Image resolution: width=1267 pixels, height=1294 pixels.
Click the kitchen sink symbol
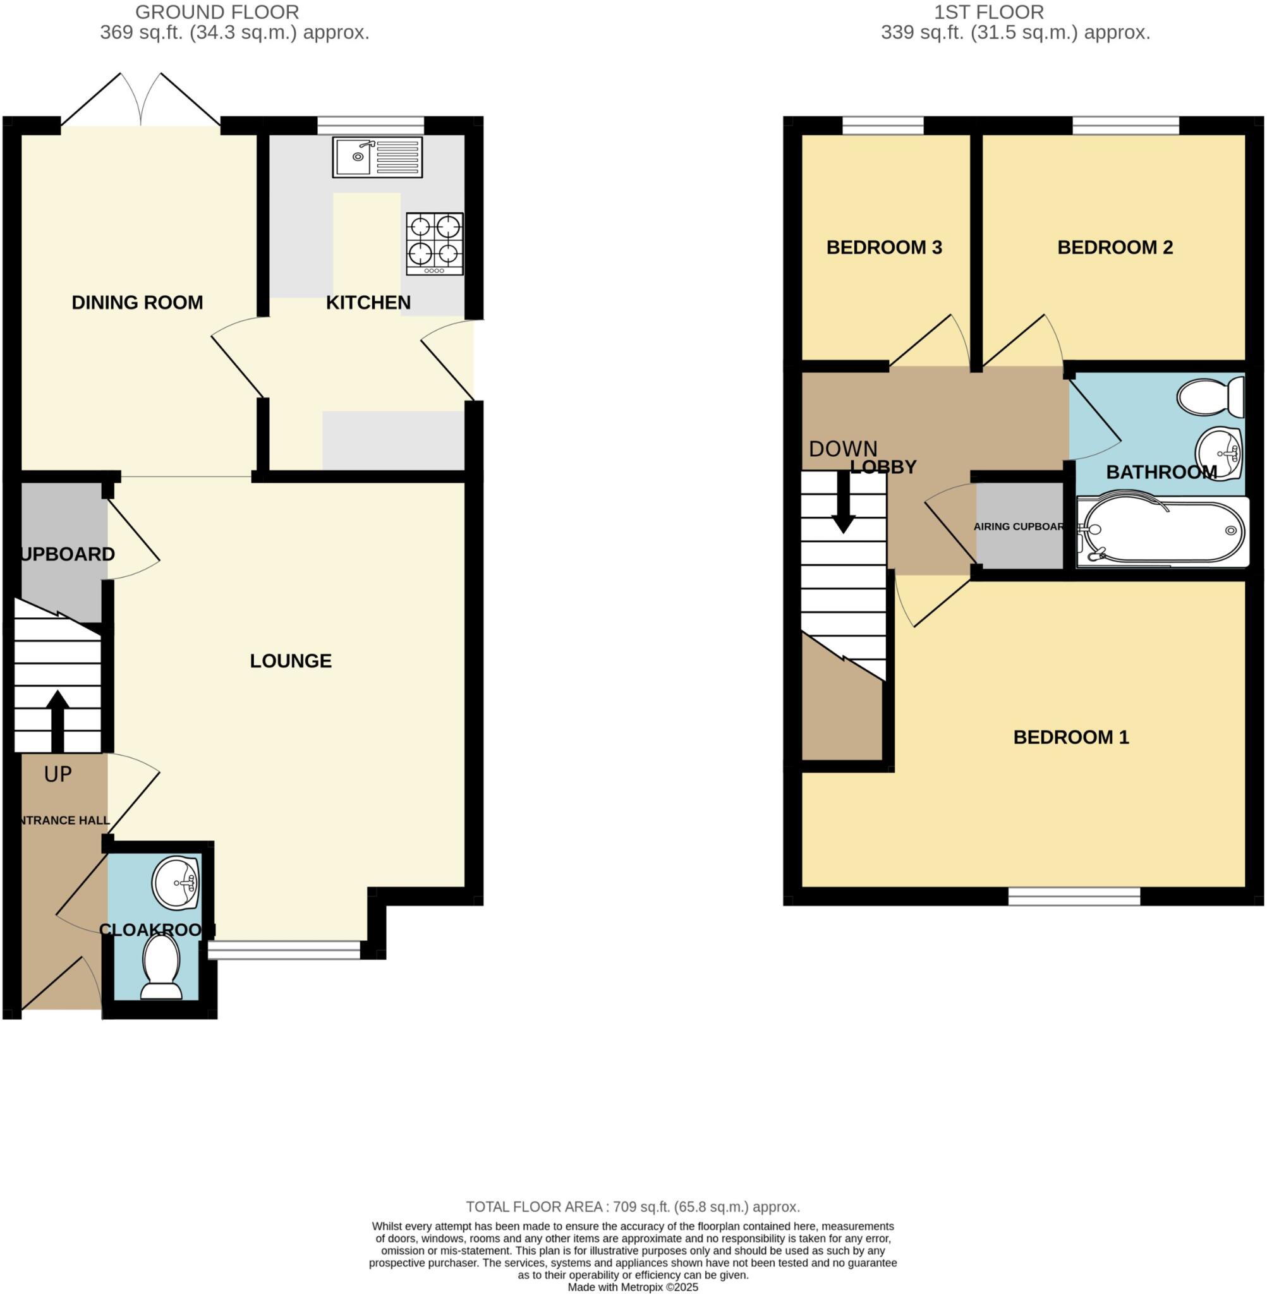(377, 157)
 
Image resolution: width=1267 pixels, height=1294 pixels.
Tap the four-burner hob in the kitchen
(435, 243)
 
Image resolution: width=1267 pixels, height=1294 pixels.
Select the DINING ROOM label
(137, 303)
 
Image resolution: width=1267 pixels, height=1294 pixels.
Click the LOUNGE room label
(291, 661)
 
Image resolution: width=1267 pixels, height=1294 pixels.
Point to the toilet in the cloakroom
(162, 967)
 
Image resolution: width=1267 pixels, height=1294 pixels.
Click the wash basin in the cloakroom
(176, 883)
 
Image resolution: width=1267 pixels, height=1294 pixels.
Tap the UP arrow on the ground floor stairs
(58, 721)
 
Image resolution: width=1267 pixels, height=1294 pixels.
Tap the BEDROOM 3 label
(883, 248)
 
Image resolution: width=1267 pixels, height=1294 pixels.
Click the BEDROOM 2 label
(1115, 248)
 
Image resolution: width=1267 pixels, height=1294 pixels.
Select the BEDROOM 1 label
(1070, 737)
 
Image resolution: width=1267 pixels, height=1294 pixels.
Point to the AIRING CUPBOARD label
(1019, 526)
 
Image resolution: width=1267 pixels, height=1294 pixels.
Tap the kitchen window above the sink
(371, 125)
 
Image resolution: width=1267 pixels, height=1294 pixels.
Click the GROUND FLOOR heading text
(217, 12)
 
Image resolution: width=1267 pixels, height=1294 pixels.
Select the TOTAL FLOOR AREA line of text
(633, 1207)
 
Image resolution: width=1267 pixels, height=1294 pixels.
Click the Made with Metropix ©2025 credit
(633, 1287)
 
